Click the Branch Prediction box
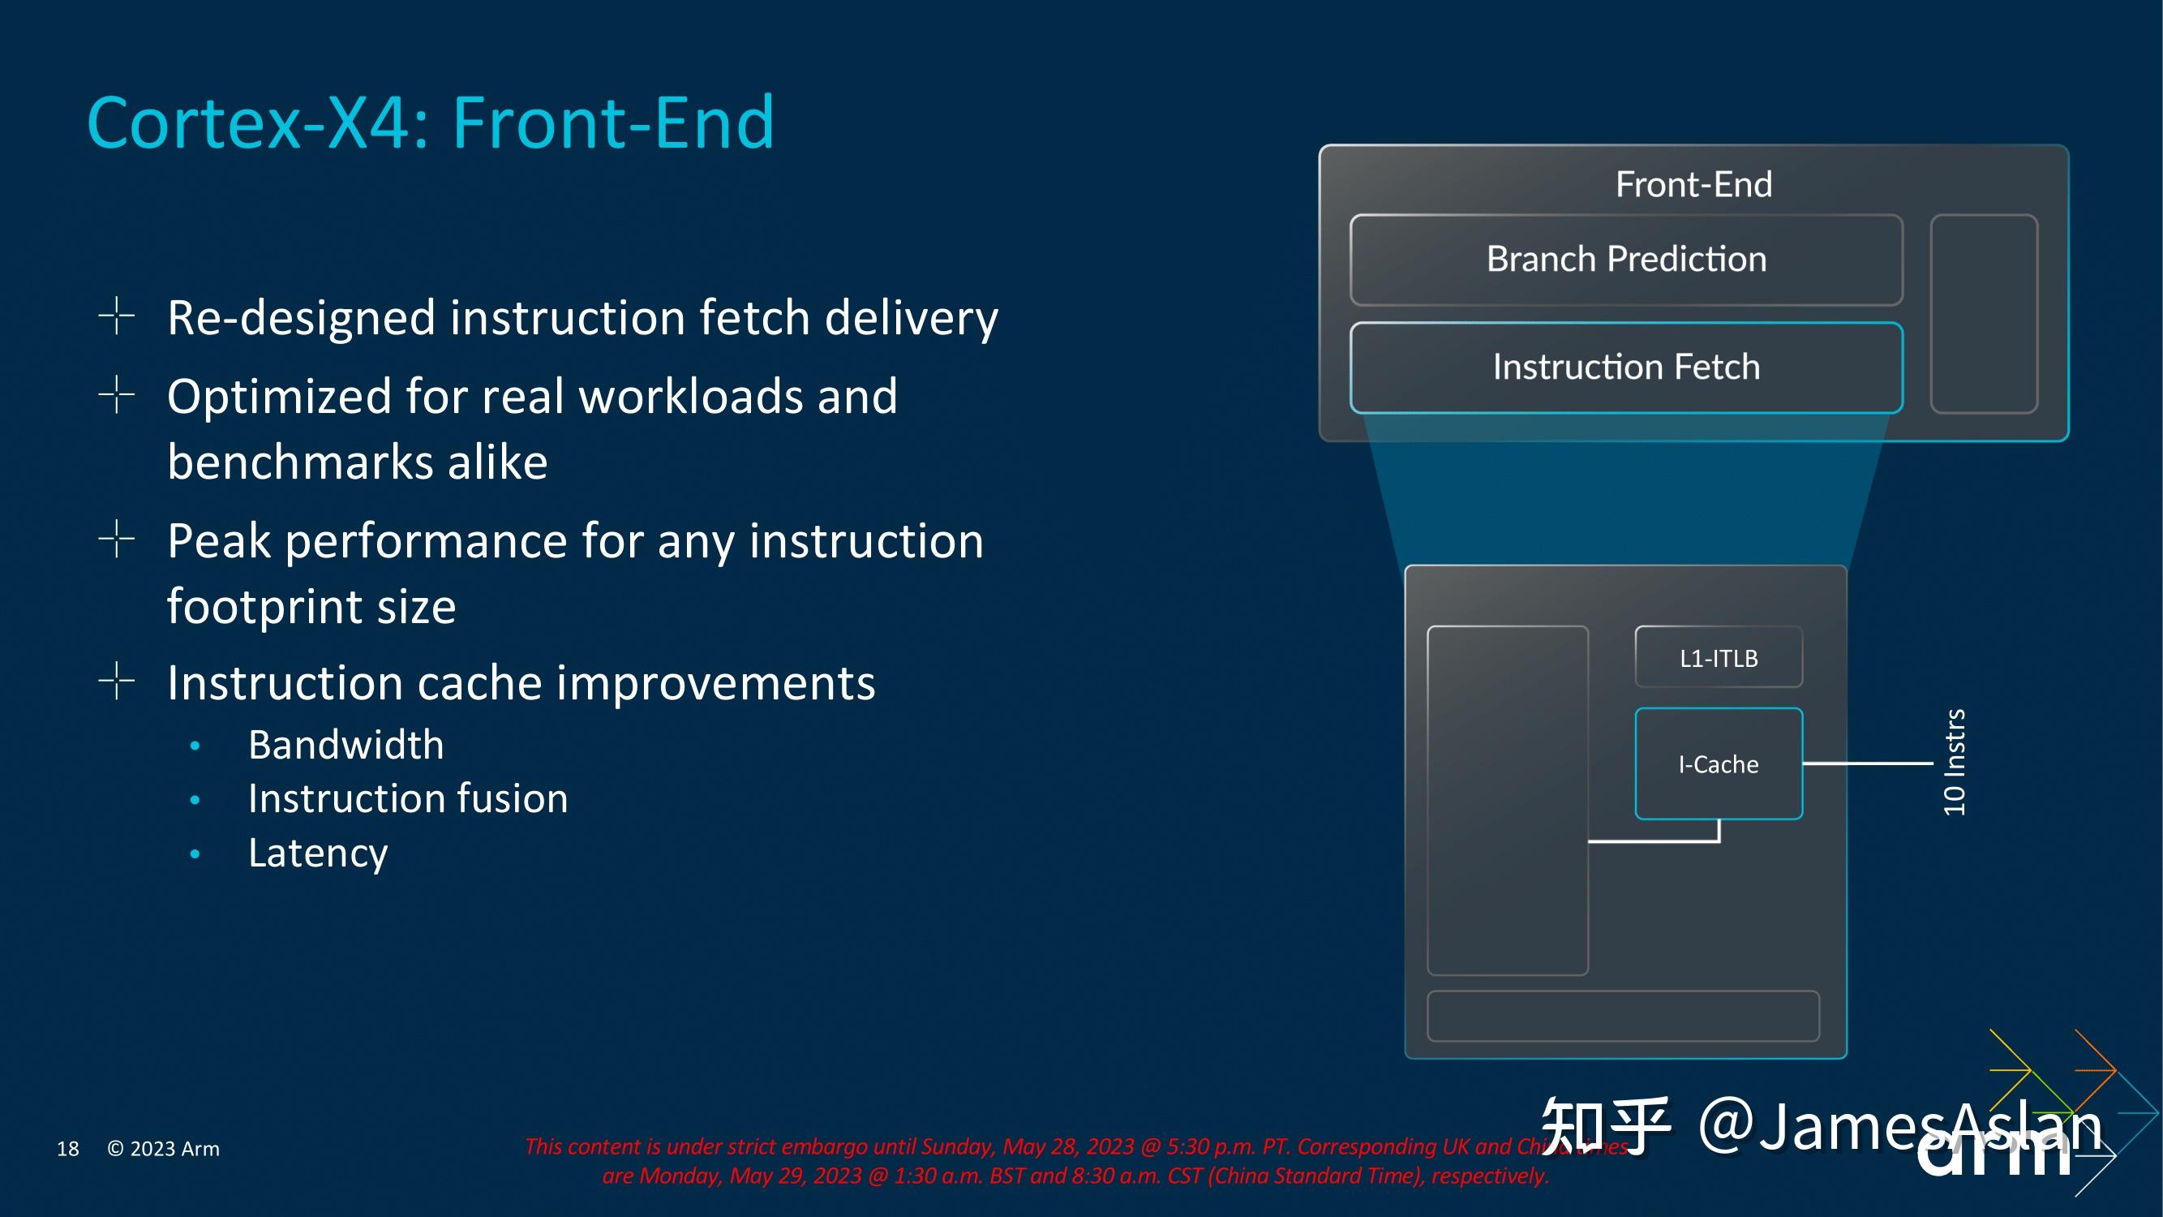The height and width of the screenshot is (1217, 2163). click(1625, 260)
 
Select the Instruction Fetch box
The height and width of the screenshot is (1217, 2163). click(1625, 367)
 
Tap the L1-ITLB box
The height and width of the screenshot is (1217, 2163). click(1718, 658)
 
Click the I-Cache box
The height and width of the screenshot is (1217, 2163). click(1718, 763)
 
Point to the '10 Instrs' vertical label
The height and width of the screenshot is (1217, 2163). click(1954, 762)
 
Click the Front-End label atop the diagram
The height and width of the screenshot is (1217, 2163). click(1693, 184)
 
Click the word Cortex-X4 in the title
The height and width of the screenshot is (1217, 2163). click(256, 123)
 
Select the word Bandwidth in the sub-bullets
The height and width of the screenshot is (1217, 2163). click(346, 745)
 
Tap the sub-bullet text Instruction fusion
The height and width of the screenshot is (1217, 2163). click(408, 798)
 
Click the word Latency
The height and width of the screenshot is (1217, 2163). click(318, 854)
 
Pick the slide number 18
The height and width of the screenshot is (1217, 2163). click(68, 1148)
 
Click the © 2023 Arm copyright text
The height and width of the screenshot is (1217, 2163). click(164, 1148)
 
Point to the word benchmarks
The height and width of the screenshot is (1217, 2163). click(301, 462)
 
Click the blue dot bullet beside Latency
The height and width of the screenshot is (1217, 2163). click(195, 854)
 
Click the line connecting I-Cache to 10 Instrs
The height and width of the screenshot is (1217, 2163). click(1868, 763)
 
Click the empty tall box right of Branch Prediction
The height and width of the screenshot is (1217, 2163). click(1983, 313)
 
